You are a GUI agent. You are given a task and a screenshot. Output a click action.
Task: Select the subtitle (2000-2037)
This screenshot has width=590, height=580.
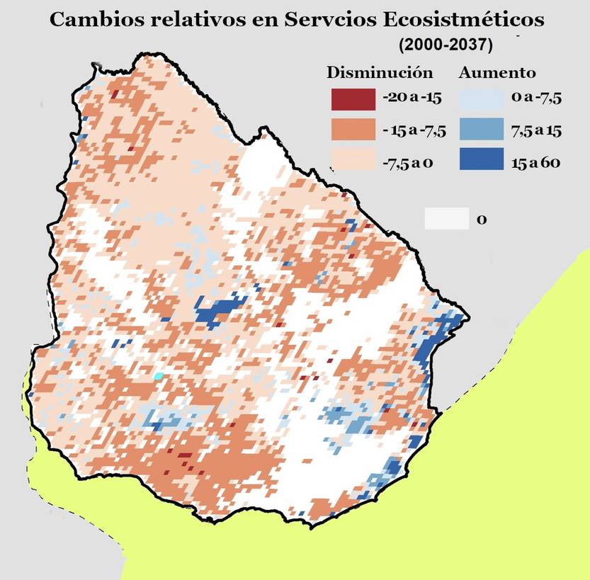pyautogui.click(x=445, y=44)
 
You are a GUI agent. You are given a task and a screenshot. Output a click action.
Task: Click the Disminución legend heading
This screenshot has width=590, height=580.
pyautogui.click(x=380, y=73)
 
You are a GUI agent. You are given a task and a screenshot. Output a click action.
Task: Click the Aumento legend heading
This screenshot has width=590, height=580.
pyautogui.click(x=497, y=73)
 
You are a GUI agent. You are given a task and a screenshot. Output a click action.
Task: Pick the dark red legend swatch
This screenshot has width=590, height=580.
pyautogui.click(x=353, y=99)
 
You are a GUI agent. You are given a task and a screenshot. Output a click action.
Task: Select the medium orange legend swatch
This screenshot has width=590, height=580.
pyautogui.click(x=353, y=130)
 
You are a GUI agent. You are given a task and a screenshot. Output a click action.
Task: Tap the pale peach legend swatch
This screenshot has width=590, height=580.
pyautogui.click(x=353, y=161)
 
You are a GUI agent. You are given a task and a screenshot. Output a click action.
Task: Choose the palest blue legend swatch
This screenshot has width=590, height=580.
pyautogui.click(x=482, y=99)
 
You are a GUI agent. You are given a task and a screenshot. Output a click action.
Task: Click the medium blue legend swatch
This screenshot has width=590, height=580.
pyautogui.click(x=482, y=130)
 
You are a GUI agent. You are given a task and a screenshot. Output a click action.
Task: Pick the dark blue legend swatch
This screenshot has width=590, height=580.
pyautogui.click(x=482, y=161)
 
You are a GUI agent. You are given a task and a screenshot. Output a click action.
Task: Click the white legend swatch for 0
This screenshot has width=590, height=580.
pyautogui.click(x=446, y=219)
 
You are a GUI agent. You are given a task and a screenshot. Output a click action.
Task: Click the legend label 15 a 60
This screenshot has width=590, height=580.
pyautogui.click(x=535, y=163)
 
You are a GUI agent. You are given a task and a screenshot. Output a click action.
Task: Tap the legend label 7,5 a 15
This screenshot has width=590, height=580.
pyautogui.click(x=535, y=131)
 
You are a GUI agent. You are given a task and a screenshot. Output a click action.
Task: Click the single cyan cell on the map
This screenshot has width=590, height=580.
pyautogui.click(x=159, y=376)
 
